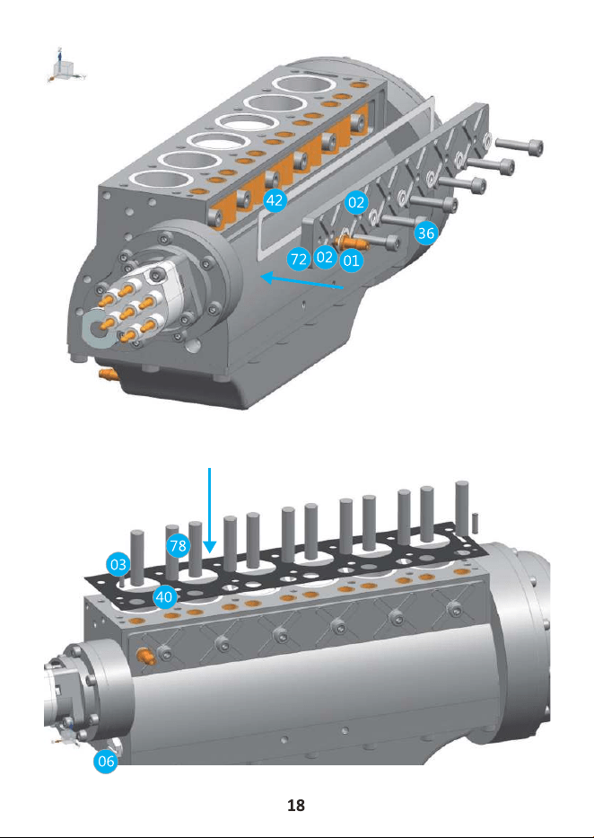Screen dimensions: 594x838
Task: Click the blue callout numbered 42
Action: (x=275, y=200)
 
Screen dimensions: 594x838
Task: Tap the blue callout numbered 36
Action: (x=426, y=233)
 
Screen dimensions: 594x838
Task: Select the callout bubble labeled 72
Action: (x=299, y=260)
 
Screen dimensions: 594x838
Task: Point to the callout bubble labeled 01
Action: (x=351, y=260)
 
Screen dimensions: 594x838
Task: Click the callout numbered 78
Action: (x=179, y=546)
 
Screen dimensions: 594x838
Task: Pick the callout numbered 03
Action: (x=118, y=565)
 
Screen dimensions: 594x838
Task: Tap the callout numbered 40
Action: (x=164, y=596)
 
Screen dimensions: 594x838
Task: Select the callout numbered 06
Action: (x=106, y=761)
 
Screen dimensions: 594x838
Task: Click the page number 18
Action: (x=296, y=806)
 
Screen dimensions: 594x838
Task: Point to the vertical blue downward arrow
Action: (x=210, y=510)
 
